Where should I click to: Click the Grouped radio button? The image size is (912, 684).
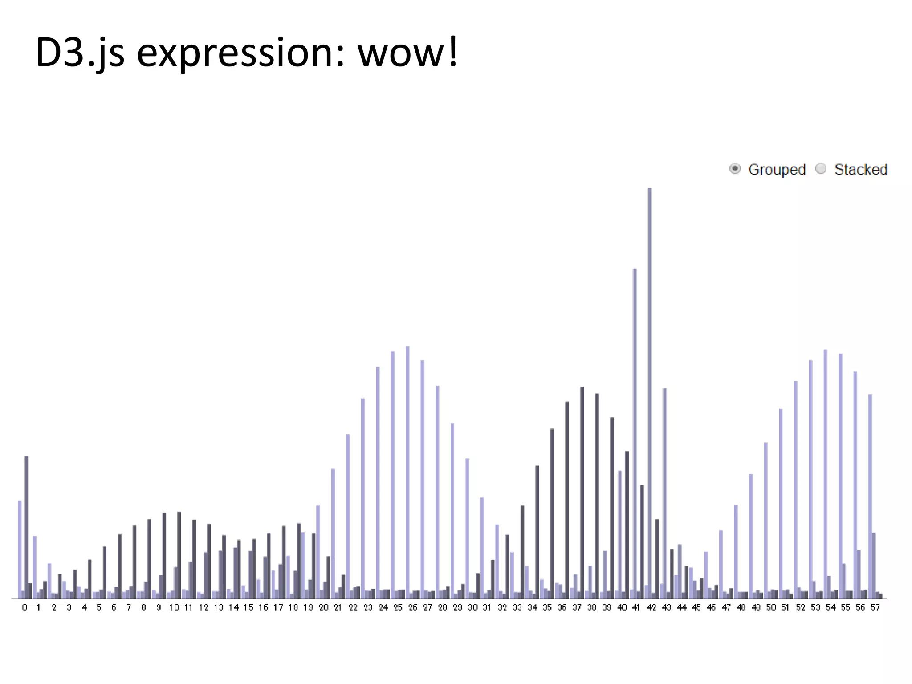click(735, 169)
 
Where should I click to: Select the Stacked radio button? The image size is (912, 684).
click(821, 169)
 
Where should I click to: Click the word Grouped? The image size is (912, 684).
click(777, 170)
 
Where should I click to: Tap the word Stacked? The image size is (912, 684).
click(860, 170)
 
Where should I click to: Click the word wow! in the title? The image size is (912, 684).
click(407, 53)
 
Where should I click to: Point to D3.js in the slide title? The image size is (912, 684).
click(80, 53)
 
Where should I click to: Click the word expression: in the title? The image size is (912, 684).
click(240, 53)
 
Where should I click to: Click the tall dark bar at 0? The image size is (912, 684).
click(26, 525)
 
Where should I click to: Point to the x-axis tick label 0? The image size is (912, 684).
click(24, 607)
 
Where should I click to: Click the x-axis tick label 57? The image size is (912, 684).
click(875, 607)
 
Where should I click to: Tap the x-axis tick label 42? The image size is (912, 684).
click(651, 607)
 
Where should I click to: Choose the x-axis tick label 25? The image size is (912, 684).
click(398, 607)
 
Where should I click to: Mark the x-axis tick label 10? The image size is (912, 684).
click(174, 607)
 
